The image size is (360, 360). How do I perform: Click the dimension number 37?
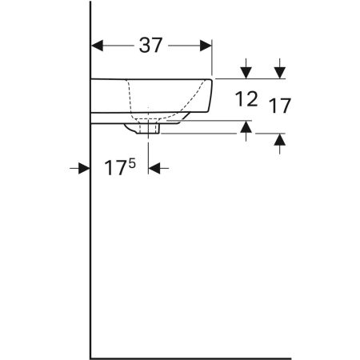(x=151, y=46)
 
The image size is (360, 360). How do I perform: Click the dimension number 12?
(x=246, y=100)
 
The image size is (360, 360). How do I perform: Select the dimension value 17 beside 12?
(x=280, y=105)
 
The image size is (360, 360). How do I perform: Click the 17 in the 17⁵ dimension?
(x=115, y=168)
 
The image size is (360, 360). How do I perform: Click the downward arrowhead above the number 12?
(x=246, y=72)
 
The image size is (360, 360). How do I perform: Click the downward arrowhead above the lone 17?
(x=280, y=72)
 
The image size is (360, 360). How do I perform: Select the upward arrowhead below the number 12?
(x=246, y=126)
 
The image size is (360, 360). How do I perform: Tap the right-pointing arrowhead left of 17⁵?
(x=84, y=168)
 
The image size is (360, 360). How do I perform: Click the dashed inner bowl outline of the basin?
(x=129, y=96)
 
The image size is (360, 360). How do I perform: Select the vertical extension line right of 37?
(x=212, y=60)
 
